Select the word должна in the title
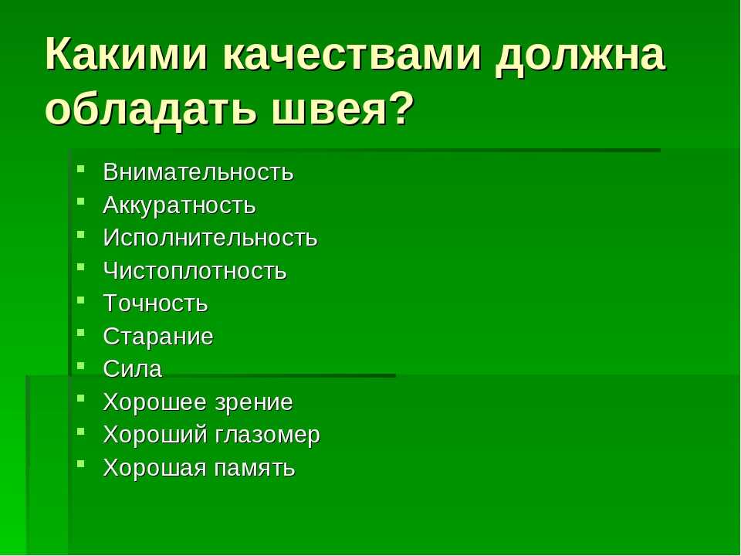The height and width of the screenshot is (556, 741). tap(580, 55)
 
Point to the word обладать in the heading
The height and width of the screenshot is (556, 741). tap(151, 109)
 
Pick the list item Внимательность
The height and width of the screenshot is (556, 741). tap(198, 172)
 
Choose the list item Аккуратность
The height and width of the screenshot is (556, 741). tap(179, 205)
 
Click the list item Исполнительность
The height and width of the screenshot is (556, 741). tap(210, 237)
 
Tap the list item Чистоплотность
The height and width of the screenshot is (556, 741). tap(195, 270)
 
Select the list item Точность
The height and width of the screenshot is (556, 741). tap(155, 303)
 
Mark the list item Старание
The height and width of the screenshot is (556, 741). tap(157, 337)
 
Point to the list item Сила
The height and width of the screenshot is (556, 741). tap(132, 369)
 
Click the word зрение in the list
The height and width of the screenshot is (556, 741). tap(254, 403)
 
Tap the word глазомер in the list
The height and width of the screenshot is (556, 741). tap(268, 436)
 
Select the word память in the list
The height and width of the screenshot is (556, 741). tap(255, 468)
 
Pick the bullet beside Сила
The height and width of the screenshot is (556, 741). tap(81, 365)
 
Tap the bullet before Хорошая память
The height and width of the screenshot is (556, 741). tap(81, 464)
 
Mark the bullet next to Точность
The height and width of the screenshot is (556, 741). tap(81, 300)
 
